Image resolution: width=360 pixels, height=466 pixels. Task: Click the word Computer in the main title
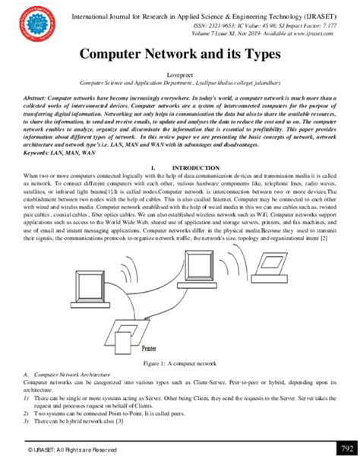[x=114, y=57]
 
